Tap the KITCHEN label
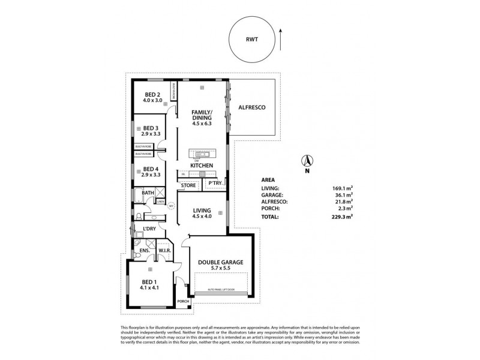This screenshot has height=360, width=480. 202,164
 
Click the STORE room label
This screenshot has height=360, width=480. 188,186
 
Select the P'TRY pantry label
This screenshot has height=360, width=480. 215,183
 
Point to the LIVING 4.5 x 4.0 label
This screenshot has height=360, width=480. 202,210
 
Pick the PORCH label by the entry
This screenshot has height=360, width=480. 182,301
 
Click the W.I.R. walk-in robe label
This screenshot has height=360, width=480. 166,250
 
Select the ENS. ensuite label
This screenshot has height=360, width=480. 144,250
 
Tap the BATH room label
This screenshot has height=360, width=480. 148,193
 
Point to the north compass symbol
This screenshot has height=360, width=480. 306,161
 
